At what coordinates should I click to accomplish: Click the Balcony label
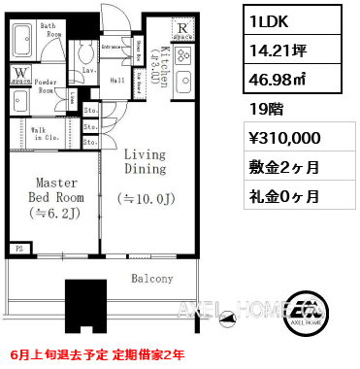pos(152,279)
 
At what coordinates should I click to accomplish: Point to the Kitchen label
pos(165,66)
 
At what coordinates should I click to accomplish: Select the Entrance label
pos(111,46)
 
